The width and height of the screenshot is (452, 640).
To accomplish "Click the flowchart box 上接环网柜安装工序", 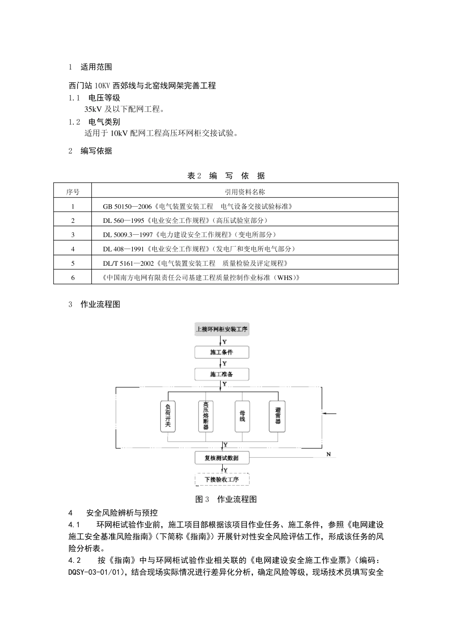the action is pyautogui.click(x=222, y=329).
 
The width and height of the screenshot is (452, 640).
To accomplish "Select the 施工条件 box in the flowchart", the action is pyautogui.click(x=222, y=352).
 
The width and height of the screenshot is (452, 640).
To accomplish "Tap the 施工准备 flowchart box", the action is pyautogui.click(x=222, y=374).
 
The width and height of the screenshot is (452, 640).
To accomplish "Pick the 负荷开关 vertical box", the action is pyautogui.click(x=168, y=416).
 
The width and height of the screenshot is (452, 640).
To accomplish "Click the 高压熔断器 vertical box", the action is pyautogui.click(x=206, y=416).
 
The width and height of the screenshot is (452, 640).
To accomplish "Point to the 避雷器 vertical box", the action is pyautogui.click(x=277, y=416).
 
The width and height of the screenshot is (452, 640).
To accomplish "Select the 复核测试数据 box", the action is pyautogui.click(x=222, y=458).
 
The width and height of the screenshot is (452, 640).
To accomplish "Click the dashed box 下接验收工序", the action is pyautogui.click(x=222, y=479).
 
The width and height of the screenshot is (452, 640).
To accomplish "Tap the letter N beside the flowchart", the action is pyautogui.click(x=328, y=454).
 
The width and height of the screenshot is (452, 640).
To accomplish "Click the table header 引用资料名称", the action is pyautogui.click(x=245, y=192).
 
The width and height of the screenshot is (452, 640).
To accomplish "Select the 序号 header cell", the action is pyautogui.click(x=73, y=192).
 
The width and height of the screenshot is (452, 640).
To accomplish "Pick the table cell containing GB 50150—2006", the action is pyautogui.click(x=197, y=206).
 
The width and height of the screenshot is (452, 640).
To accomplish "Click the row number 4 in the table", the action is pyautogui.click(x=73, y=249).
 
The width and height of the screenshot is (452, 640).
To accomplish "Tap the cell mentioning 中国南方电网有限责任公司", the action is pyautogui.click(x=201, y=278).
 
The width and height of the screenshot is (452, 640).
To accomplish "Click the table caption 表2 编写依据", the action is pyautogui.click(x=226, y=176).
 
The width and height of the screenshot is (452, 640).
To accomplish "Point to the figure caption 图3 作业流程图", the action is pyautogui.click(x=226, y=499).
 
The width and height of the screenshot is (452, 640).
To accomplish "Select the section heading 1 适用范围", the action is pyautogui.click(x=90, y=67).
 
